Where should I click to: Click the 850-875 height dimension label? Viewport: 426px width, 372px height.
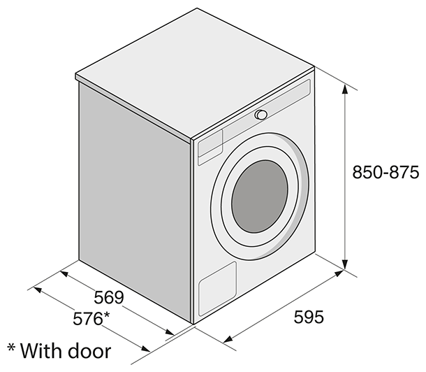point(385,173)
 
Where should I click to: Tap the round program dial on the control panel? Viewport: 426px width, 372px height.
point(260,115)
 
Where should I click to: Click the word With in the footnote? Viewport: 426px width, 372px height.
point(41,348)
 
